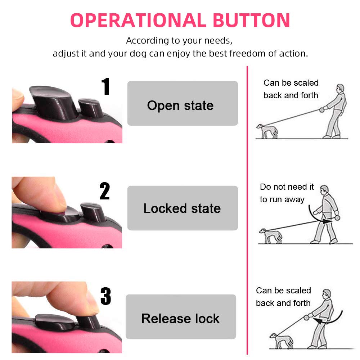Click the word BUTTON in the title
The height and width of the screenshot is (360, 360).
251,20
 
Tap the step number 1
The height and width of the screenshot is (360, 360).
105,86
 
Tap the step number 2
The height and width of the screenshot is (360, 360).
105,191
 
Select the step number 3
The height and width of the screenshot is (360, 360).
105,296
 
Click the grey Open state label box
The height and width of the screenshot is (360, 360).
183,103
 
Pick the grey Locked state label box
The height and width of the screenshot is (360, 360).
183,208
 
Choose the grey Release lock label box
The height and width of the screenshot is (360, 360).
181,316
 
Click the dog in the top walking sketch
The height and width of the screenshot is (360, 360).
267,131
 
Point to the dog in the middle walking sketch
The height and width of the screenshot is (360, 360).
270,236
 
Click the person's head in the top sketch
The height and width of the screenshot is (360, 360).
340,88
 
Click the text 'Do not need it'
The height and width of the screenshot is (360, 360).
287,186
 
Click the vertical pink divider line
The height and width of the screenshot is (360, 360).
247,210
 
